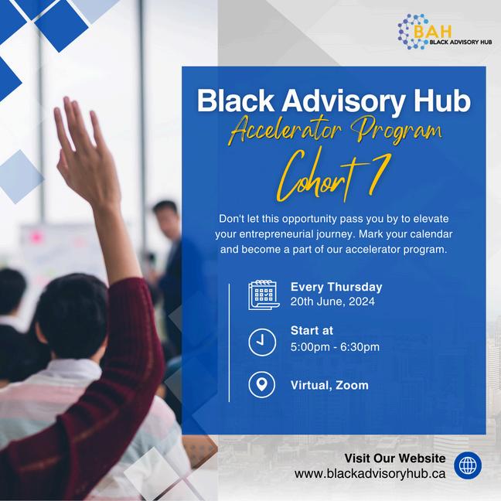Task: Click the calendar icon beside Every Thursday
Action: click(264, 295)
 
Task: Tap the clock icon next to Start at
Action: click(262, 342)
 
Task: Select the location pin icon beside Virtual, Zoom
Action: click(261, 384)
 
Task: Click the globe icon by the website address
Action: click(468, 465)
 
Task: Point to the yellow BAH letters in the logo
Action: click(433, 31)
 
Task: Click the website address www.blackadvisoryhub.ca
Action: click(370, 473)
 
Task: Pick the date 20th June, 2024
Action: click(332, 302)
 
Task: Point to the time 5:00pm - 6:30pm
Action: click(335, 347)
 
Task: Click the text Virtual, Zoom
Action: click(329, 385)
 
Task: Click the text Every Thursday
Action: click(336, 288)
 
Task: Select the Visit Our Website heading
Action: click(395, 458)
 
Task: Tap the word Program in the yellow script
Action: click(396, 131)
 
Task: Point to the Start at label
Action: click(312, 330)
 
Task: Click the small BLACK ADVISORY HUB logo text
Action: click(461, 42)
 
